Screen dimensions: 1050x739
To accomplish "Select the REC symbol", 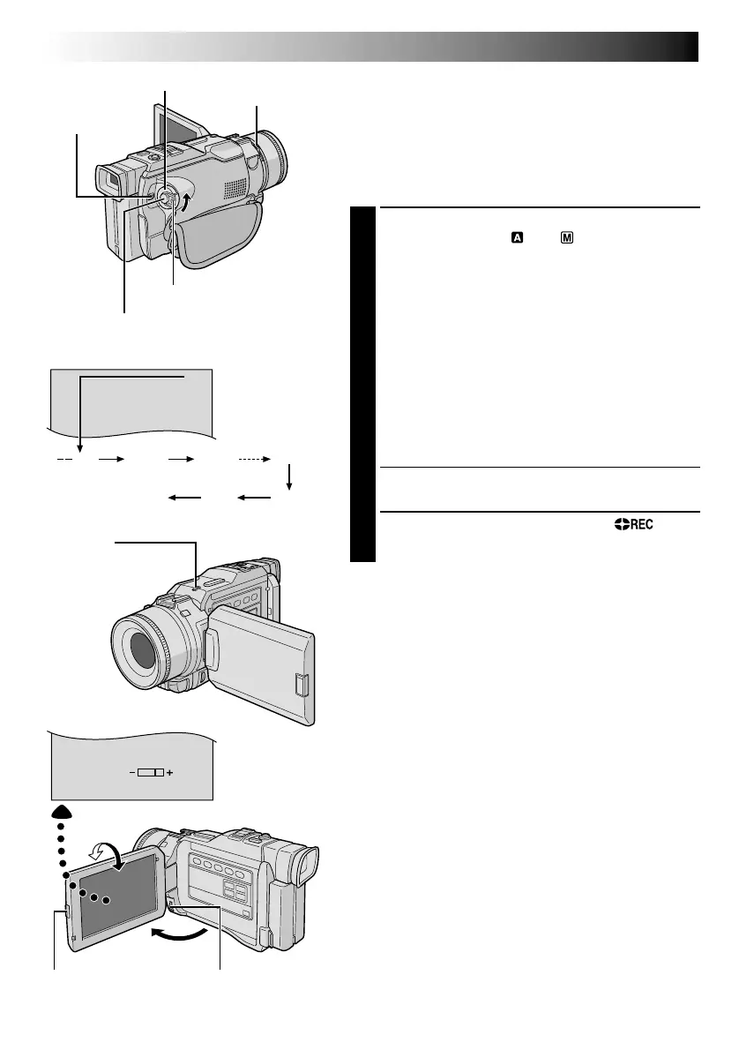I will pyautogui.click(x=630, y=525).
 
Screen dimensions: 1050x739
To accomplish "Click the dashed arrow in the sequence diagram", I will pyautogui.click(x=257, y=460).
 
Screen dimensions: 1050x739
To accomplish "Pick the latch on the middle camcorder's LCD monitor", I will pyautogui.click(x=301, y=686).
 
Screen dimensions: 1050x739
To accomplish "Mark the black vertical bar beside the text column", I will pyautogui.click(x=362, y=384).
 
